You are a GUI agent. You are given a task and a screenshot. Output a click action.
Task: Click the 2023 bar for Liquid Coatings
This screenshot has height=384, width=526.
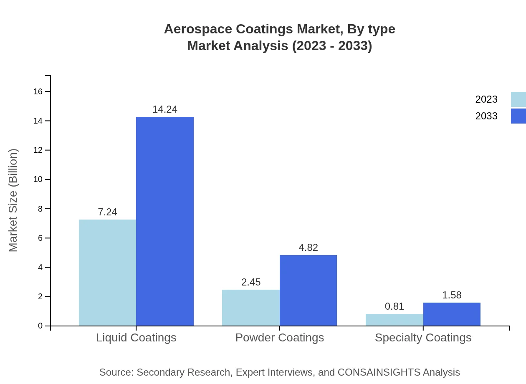coord(107,273)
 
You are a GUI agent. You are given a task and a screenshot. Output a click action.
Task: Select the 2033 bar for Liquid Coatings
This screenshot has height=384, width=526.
coord(165,221)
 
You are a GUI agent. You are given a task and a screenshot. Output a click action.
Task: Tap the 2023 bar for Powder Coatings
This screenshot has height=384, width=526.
coord(251,308)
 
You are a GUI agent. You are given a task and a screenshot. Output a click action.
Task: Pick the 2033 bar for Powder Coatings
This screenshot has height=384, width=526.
coord(308,291)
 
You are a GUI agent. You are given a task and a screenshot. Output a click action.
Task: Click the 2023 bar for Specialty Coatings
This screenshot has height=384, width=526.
coord(394,320)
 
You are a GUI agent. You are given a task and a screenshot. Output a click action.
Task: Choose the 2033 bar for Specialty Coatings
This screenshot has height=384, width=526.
coord(452,314)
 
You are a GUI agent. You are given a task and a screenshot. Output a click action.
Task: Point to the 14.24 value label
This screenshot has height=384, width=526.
coord(165,109)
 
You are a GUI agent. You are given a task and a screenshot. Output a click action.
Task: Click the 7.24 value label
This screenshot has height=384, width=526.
coord(107,212)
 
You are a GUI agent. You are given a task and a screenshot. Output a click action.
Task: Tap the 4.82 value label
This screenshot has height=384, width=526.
coord(308,248)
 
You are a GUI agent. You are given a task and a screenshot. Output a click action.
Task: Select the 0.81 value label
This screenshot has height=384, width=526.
coord(394,306)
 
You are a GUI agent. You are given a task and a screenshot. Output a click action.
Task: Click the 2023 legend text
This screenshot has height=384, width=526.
coord(486,99)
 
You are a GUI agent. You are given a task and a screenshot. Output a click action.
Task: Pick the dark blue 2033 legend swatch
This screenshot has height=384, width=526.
coord(518,116)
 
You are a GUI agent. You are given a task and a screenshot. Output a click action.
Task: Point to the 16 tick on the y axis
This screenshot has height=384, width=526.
coord(38,91)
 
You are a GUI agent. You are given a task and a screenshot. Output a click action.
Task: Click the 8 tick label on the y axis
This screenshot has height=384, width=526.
coord(40,209)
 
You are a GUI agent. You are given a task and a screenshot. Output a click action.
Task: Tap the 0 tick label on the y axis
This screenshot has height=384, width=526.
coord(40,326)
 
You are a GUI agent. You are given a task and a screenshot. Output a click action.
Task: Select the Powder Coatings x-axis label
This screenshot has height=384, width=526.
coord(280,337)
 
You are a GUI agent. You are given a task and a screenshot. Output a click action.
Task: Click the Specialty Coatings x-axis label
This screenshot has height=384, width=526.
coord(423,337)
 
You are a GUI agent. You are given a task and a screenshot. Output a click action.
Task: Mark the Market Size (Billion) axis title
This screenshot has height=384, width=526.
coord(13,200)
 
